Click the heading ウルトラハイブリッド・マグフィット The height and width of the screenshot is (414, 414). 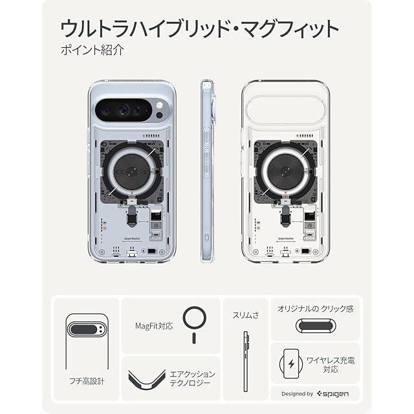pos(200,29)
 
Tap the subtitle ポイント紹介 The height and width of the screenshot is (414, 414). pos(85,50)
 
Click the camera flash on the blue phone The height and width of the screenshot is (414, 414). pos(160,105)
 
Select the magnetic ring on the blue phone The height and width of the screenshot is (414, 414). pos(132,172)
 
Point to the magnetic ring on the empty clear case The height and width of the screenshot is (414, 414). pos(285,172)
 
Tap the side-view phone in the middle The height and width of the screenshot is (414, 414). pos(207,172)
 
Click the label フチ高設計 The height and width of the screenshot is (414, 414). pos(85,381)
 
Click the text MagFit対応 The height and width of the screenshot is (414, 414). pos(155,326)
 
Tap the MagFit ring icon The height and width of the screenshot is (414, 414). pos(194,321)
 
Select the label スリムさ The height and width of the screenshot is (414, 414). pos(246,316)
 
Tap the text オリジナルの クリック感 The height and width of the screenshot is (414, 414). pos(315,309)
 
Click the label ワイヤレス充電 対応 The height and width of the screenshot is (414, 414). pos(330,365)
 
